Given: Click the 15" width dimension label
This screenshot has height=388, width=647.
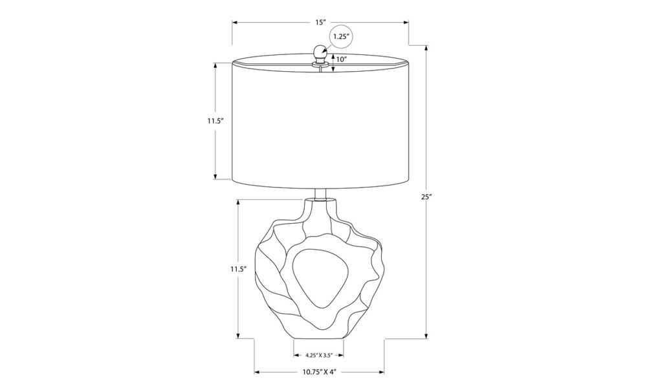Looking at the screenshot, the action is click(319, 22).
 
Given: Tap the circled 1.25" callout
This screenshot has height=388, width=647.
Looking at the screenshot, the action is click(341, 36).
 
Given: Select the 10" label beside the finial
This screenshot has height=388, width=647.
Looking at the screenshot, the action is click(340, 59).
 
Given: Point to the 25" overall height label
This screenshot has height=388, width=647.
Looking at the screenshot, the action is click(426, 197).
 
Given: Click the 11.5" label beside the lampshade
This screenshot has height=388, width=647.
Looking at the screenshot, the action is click(215, 121).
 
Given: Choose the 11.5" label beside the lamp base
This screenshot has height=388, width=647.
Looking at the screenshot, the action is click(238, 269).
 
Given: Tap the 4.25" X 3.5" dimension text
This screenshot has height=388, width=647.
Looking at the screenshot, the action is click(319, 354).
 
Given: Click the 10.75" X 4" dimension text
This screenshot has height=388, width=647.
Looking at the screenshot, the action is click(318, 372).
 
